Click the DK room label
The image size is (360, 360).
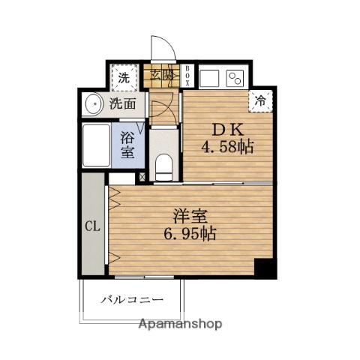click(x=227, y=130)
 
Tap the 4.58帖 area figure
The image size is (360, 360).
click(x=227, y=147)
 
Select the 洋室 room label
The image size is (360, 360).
click(x=190, y=217)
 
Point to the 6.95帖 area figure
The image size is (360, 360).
click(x=190, y=234)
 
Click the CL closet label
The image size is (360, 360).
click(x=92, y=226)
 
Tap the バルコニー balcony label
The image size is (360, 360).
click(x=132, y=299)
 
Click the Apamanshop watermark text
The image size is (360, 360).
click(x=180, y=324)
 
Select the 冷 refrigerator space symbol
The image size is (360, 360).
click(x=260, y=101)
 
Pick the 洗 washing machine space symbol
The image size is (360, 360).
click(x=124, y=78)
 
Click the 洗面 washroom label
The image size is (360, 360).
click(x=123, y=103)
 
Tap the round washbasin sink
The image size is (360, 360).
click(x=94, y=104)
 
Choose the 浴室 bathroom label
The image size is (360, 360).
click(x=127, y=145)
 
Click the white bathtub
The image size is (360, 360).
click(x=97, y=145)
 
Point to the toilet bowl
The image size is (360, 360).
click(x=164, y=167)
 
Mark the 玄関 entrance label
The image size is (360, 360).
click(x=162, y=75)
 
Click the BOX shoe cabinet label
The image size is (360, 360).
click(x=188, y=76)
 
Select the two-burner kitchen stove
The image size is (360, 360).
click(x=235, y=78)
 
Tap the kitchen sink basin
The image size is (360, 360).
click(x=209, y=78)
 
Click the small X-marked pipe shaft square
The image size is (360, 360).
click(x=142, y=177)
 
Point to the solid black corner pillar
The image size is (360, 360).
click(x=265, y=268)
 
